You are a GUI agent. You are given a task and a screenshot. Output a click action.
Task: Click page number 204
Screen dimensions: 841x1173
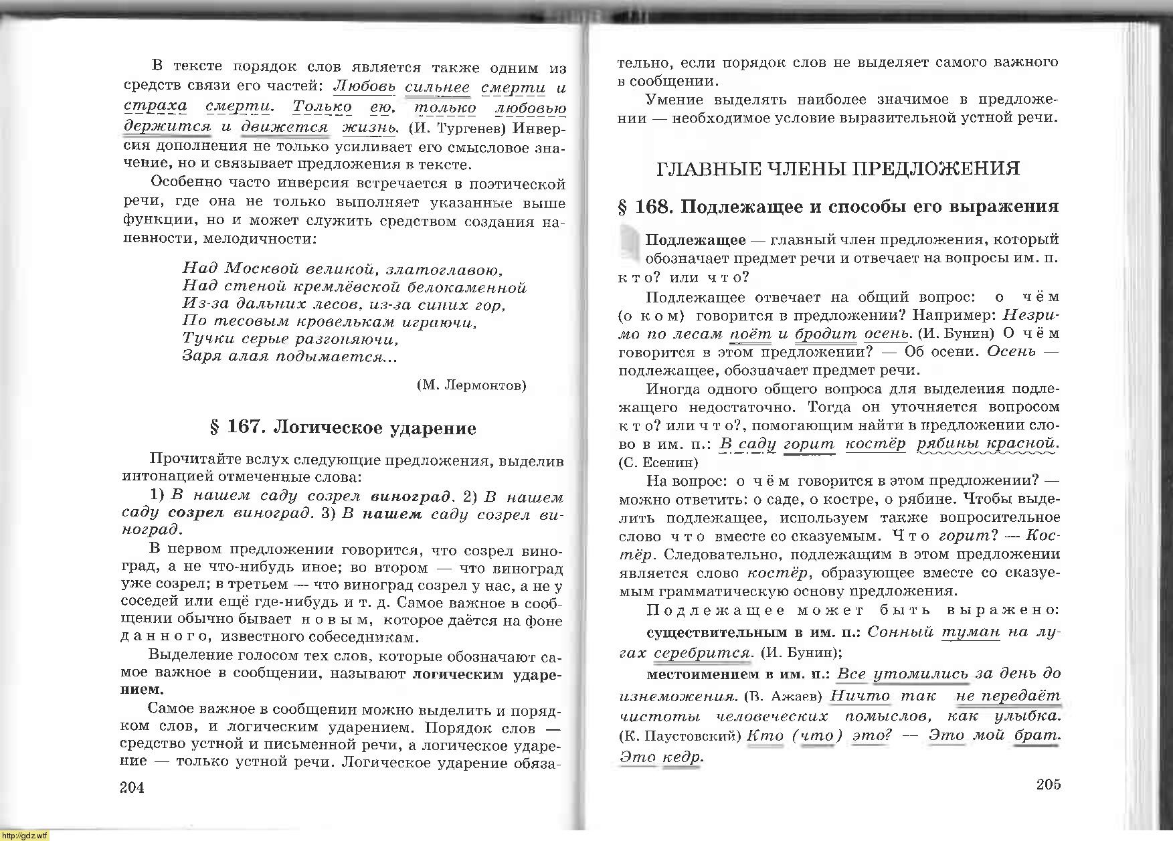pyautogui.click(x=132, y=787)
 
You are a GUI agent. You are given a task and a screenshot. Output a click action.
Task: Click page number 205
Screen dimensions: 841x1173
pyautogui.click(x=1049, y=785)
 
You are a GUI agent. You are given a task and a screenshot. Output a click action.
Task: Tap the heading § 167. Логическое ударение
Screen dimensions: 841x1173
pyautogui.click(x=343, y=428)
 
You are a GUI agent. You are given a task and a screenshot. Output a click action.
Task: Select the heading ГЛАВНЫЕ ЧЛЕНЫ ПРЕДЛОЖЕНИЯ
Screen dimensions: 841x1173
pyautogui.click(x=838, y=168)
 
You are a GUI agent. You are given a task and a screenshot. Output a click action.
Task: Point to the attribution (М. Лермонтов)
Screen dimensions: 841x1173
pyautogui.click(x=471, y=385)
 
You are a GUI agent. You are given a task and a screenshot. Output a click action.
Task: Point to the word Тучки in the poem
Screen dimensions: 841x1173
pyautogui.click(x=205, y=339)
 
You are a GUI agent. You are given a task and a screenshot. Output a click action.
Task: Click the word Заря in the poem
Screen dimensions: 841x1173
pyautogui.click(x=200, y=356)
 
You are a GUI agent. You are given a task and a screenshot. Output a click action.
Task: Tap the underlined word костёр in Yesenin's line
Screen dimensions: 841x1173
pyautogui.click(x=875, y=444)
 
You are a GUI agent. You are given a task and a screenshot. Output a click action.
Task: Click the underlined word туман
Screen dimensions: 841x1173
pyautogui.click(x=970, y=632)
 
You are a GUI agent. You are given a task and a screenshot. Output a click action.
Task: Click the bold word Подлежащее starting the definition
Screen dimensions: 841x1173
pyautogui.click(x=695, y=240)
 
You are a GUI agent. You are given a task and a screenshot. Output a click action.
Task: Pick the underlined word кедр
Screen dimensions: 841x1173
pyautogui.click(x=681, y=757)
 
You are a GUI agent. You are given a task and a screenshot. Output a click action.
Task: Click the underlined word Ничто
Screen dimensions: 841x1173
pyautogui.click(x=860, y=695)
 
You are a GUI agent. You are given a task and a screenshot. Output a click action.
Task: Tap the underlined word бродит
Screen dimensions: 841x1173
pyautogui.click(x=826, y=333)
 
